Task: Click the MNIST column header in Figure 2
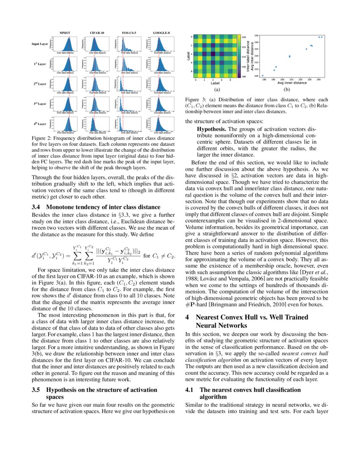[65, 33]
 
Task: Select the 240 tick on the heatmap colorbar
[244, 37]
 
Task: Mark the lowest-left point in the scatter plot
[263, 75]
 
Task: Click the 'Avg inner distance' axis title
[292, 83]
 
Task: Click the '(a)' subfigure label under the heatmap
[216, 89]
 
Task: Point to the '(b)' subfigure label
[287, 89]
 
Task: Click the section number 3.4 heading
[36, 207]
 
